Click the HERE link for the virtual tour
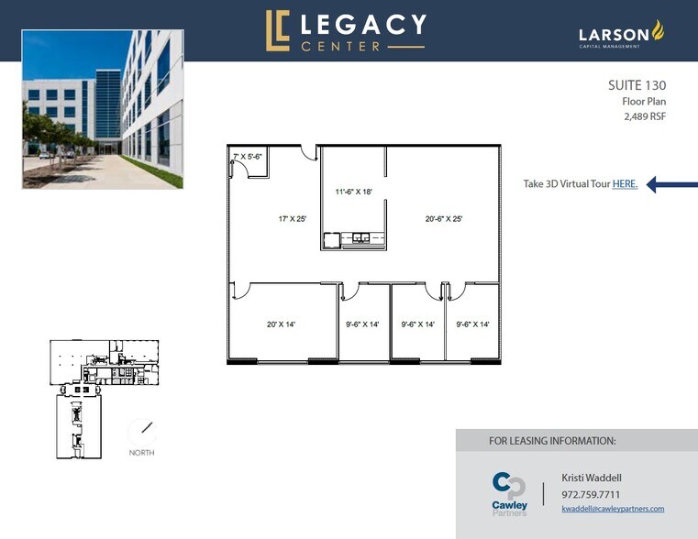[625, 184]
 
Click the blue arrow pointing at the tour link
[668, 184]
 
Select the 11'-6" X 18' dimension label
[353, 192]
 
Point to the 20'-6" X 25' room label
[443, 219]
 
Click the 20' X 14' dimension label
[281, 324]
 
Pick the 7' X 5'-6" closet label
[249, 157]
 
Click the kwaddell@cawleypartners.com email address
[613, 509]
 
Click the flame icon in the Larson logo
[657, 31]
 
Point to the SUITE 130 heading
[637, 85]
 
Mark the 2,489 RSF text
[644, 116]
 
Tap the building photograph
[102, 109]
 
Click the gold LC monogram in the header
[277, 31]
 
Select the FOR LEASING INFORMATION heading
[552, 441]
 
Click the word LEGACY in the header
[364, 24]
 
